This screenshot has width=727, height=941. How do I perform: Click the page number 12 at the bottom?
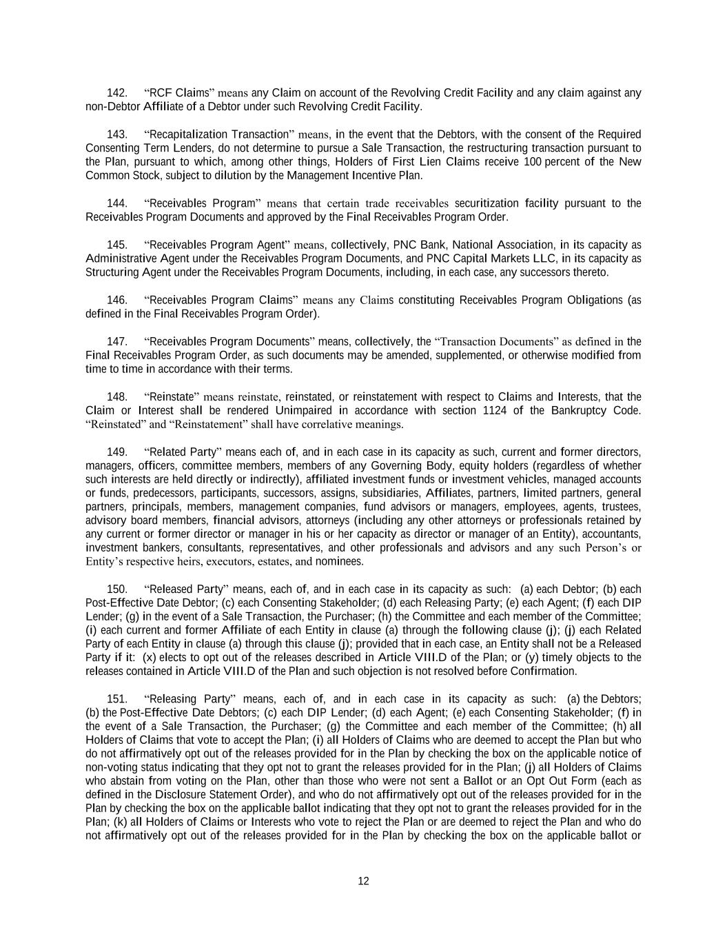tap(363, 881)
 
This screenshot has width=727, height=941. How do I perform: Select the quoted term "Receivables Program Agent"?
tap(218, 245)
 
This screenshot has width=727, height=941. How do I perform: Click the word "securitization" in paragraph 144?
tap(487, 203)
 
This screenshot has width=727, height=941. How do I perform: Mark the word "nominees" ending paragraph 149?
tap(339, 562)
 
